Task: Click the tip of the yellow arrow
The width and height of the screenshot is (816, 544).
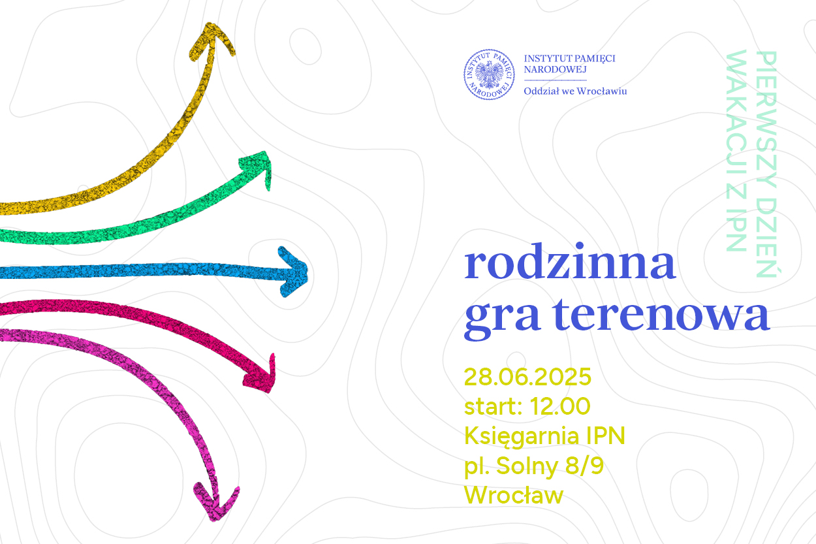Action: point(209,24)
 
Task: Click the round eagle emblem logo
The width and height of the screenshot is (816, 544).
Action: point(489,74)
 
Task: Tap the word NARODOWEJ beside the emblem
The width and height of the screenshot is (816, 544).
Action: point(555,70)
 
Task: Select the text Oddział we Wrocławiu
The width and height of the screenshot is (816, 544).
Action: point(575,91)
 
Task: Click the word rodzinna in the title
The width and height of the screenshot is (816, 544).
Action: point(570,261)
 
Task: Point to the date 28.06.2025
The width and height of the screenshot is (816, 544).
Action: point(527,376)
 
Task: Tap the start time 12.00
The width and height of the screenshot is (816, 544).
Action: point(560,406)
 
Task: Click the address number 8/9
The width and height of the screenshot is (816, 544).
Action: point(585,466)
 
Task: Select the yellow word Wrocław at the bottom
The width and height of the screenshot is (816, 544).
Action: point(514,495)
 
